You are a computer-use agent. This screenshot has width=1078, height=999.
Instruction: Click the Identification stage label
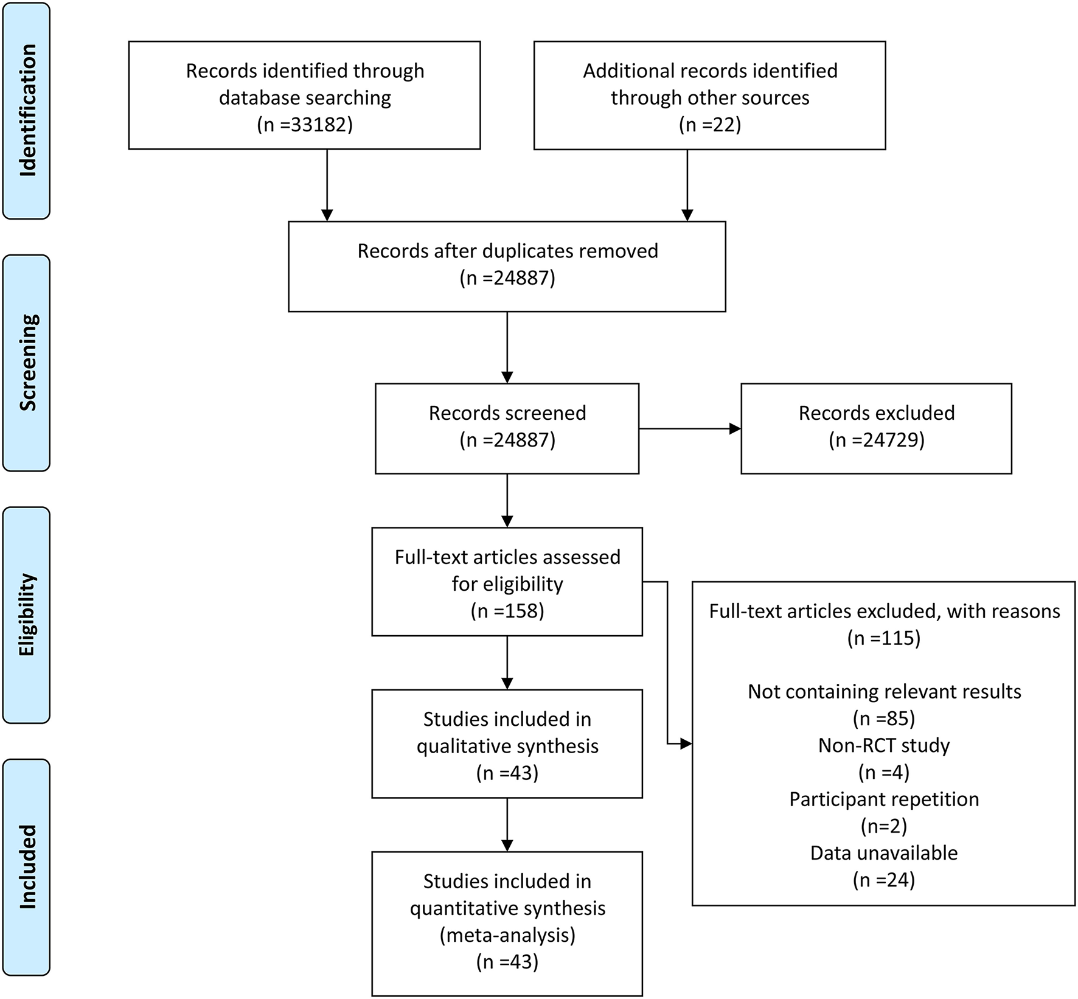tap(27, 110)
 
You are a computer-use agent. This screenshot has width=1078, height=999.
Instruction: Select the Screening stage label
tap(27, 363)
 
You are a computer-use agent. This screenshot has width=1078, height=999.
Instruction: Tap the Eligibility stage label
tap(27, 614)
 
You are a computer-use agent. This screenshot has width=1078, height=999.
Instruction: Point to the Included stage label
tap(27, 866)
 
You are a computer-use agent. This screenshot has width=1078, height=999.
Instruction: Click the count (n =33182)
tap(305, 125)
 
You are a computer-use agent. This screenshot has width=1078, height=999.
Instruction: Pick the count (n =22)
tap(710, 125)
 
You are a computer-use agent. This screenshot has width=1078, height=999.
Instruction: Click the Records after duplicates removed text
tap(507, 251)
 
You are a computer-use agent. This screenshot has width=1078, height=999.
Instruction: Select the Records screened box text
tap(507, 413)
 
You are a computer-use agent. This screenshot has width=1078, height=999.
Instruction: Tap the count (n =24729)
tap(877, 440)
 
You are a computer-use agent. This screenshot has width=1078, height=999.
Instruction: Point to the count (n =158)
tap(507, 610)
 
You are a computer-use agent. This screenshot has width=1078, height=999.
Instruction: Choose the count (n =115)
tap(884, 638)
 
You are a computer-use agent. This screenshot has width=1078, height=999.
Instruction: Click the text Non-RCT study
tap(884, 745)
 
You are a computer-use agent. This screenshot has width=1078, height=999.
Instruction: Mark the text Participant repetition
tap(884, 799)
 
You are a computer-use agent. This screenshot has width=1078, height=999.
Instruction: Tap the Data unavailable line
tap(884, 853)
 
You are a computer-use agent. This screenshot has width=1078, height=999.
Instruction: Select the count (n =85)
tap(884, 719)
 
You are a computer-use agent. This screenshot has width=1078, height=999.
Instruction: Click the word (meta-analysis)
tap(507, 935)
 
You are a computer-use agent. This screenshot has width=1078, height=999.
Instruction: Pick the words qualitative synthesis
tap(507, 746)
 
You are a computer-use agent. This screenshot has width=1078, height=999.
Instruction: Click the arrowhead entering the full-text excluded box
tap(686, 743)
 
